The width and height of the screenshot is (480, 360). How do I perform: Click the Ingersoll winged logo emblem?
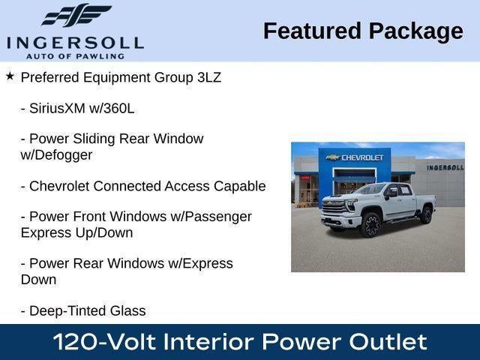point(76,16)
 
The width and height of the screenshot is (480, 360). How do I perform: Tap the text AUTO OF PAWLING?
point(75,55)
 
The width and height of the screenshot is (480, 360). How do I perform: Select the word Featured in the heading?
point(311,31)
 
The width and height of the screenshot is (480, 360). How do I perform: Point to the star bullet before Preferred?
point(10,76)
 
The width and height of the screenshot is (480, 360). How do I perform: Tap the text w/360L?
point(115,108)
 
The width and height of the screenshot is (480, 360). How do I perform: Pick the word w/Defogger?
point(56,155)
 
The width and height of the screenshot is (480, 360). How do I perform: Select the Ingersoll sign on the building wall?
point(445,167)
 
